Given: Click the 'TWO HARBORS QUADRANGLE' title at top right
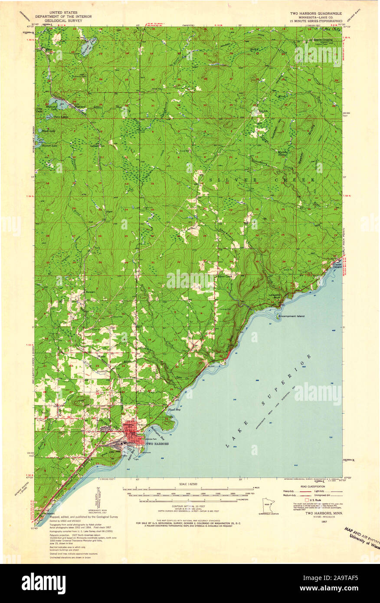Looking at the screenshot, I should tap(316, 14).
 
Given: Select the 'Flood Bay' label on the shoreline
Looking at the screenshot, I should tap(180, 409).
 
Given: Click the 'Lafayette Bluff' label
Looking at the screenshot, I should tap(274, 296).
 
